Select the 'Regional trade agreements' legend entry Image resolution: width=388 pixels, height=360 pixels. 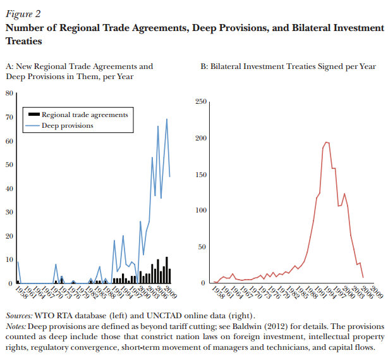(x=85, y=115)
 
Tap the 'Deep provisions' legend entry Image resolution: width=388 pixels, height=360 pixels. (x=67, y=125)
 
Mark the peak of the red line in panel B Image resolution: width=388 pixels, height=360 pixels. (x=326, y=142)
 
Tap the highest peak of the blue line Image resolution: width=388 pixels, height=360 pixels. (x=167, y=119)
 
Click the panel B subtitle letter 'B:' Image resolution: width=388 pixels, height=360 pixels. (x=204, y=66)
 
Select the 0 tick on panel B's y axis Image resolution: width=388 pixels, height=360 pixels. (x=203, y=283)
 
